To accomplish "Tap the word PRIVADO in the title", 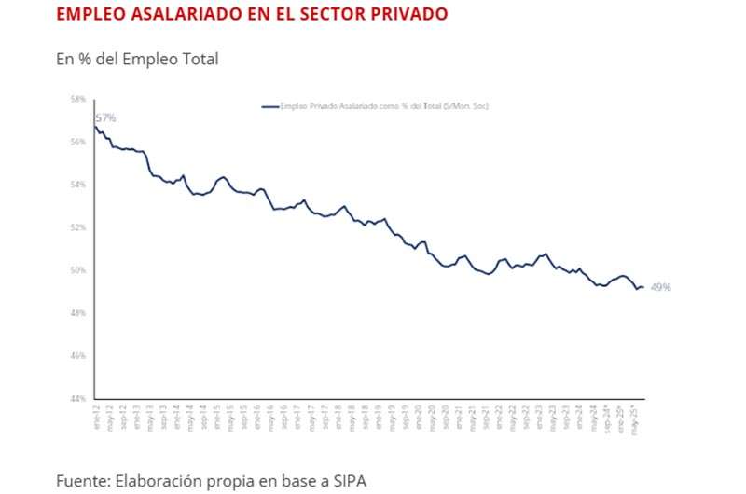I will point(407,14).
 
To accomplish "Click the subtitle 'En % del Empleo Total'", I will point(137,60).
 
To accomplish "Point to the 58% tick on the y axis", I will point(78,99).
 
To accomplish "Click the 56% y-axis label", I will point(78,142).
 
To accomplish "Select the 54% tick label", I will point(78,185).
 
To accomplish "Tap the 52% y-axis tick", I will point(78,227).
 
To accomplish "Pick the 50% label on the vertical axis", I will point(78,270).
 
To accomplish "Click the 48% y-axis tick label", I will point(78,313).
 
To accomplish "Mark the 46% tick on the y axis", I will point(78,356).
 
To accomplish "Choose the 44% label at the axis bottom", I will point(78,399).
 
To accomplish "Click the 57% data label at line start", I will point(105,118).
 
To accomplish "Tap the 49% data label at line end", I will point(660,287).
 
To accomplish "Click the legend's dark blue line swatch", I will point(270,106).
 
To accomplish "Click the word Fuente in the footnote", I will point(81,481).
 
